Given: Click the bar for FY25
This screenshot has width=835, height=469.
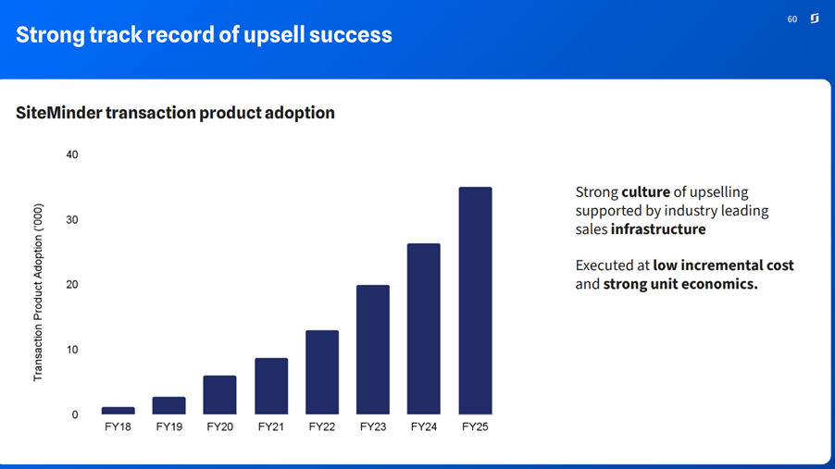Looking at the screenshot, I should click(x=475, y=301).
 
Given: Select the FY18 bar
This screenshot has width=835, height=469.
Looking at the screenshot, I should click(x=118, y=410).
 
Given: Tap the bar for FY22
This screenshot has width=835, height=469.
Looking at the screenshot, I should click(x=322, y=372).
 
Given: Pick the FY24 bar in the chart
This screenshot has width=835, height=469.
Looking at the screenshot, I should click(x=424, y=328).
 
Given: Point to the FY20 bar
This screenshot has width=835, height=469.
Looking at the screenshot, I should click(x=219, y=395).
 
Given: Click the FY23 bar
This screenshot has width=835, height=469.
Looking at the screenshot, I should click(x=373, y=350).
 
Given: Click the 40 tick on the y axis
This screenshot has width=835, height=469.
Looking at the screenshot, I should click(x=72, y=154).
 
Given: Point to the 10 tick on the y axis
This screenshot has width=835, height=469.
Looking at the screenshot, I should click(x=72, y=350).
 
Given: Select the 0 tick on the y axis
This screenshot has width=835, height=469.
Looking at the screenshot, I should click(x=75, y=415).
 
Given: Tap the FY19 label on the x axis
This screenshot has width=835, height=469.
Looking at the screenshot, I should click(x=168, y=427).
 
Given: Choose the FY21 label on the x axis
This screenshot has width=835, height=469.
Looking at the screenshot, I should click(x=270, y=427).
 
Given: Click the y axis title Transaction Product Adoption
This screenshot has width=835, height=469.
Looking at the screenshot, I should click(x=38, y=293).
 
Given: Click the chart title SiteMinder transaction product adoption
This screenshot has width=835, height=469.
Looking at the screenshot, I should click(x=175, y=113).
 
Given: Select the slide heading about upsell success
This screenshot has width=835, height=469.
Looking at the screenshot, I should click(x=204, y=35).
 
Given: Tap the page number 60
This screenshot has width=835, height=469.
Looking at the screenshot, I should click(x=792, y=19).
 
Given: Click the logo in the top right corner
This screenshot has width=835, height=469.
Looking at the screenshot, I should click(x=815, y=19).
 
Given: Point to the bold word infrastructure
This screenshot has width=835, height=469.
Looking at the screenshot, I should click(x=657, y=229).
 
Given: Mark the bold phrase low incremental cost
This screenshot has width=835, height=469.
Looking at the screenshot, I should click(x=723, y=265).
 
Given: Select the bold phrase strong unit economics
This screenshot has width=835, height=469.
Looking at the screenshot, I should click(x=680, y=284).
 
